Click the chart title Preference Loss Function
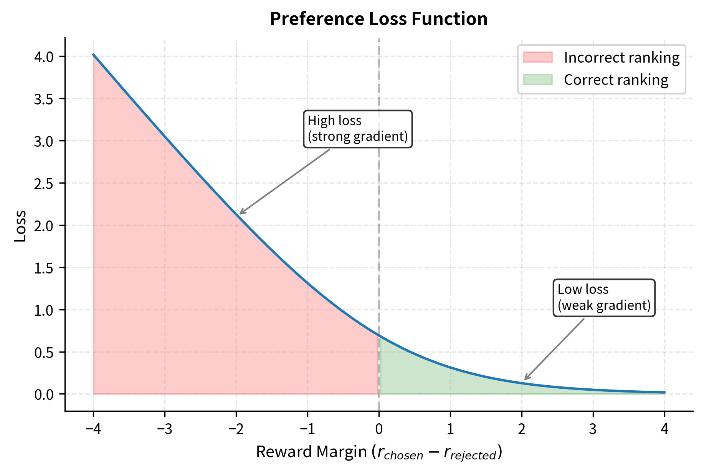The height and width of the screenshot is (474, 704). (378, 19)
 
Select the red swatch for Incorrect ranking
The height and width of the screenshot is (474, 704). (537, 58)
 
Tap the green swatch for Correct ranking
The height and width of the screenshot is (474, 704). (537, 80)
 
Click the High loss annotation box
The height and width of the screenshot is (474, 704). (358, 129)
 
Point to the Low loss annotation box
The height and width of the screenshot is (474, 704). (604, 298)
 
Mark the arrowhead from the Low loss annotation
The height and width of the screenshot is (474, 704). (526, 379)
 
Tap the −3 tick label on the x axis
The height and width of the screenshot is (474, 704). (165, 429)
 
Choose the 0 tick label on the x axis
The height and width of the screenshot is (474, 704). (379, 429)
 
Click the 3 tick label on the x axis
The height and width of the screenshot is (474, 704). (593, 429)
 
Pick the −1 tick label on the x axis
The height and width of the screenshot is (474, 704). (307, 429)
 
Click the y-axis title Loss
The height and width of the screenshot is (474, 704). (20, 225)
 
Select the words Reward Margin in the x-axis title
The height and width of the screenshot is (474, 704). (311, 452)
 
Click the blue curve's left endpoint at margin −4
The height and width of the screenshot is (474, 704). (93, 55)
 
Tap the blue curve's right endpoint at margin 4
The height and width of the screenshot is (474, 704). (664, 392)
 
